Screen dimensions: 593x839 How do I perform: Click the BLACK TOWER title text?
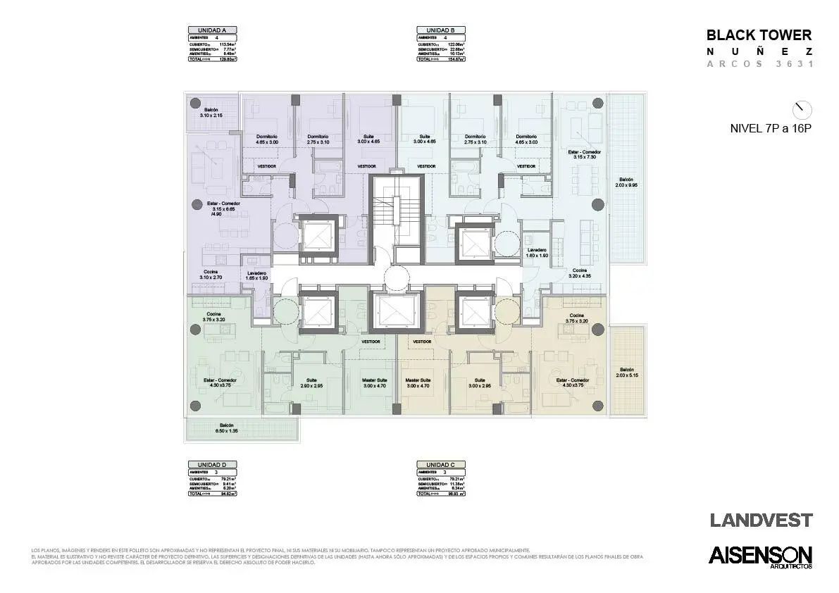(759, 35)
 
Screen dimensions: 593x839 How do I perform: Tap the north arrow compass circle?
(802, 110)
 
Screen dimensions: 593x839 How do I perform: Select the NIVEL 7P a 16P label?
(771, 129)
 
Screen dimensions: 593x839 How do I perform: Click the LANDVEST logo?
(761, 520)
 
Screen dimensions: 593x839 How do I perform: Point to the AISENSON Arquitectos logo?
(760, 556)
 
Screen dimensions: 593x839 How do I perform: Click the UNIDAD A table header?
(212, 30)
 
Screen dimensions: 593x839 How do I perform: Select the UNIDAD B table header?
(440, 30)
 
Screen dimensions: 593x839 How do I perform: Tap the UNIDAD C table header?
(440, 465)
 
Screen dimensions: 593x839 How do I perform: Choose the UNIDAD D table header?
(212, 465)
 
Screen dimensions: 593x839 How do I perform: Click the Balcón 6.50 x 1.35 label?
(226, 428)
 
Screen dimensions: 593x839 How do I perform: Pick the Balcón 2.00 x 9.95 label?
(626, 183)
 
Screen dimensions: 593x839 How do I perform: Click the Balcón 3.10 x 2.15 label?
(211, 113)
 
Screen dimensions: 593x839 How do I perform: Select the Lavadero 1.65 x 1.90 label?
(256, 275)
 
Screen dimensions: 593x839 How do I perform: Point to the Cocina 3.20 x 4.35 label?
(580, 273)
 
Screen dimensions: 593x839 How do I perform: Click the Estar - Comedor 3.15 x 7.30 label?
(584, 154)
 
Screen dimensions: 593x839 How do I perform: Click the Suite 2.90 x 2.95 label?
(311, 383)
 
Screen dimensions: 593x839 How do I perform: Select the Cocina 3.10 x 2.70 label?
(211, 275)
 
